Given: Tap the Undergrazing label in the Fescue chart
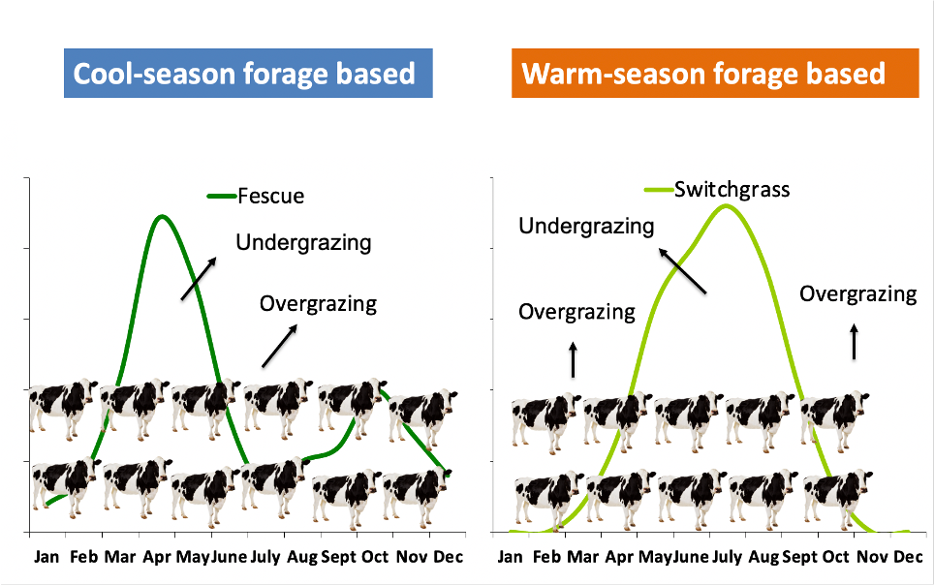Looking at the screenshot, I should pos(303,242).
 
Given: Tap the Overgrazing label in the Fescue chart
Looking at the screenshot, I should pos(318,304).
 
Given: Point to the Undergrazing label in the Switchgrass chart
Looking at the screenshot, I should pos(586,227).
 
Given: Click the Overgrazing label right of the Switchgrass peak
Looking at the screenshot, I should pos(857,293).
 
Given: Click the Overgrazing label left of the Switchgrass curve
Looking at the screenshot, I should pos(576,312).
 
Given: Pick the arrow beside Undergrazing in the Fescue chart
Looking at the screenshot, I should pos(199,278).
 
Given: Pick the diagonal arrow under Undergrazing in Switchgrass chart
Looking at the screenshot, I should pos(681,269).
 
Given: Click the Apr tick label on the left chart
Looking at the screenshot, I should pos(156,557).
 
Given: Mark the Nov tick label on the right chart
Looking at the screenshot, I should pos(870,557).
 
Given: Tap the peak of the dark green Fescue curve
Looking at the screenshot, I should pos(161,216).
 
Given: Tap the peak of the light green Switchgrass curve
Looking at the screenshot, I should pos(725,205).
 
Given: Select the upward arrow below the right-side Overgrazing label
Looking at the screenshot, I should pos(854,342).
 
